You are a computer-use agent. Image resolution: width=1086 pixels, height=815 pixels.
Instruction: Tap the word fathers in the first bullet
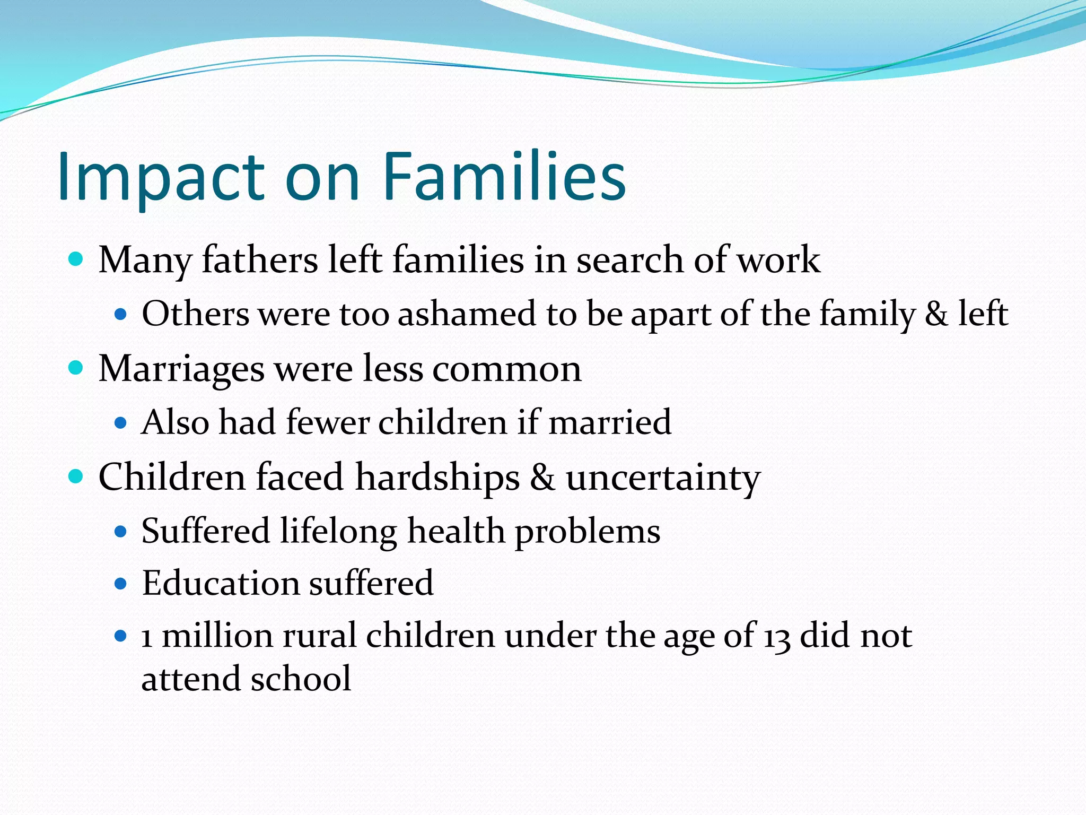(260, 260)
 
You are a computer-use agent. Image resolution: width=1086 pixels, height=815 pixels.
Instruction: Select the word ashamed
(467, 314)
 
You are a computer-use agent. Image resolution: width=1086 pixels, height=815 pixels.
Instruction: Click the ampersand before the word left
(936, 314)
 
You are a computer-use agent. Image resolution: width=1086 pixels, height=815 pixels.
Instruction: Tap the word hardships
(437, 477)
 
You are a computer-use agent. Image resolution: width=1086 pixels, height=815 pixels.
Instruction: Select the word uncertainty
(663, 478)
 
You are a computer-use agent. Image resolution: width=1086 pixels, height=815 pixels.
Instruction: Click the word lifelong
(338, 531)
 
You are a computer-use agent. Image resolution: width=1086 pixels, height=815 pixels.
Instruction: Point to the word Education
(220, 583)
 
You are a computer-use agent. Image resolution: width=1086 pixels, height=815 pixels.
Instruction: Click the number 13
(777, 636)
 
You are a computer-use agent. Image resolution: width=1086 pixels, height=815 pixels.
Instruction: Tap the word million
(217, 636)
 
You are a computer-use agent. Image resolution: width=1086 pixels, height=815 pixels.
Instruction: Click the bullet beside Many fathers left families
(76, 259)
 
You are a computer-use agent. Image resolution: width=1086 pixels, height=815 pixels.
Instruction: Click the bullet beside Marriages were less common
(76, 368)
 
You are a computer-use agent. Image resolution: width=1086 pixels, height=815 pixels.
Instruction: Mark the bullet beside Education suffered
(121, 584)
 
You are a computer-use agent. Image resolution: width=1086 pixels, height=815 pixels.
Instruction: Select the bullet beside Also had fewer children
(121, 423)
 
